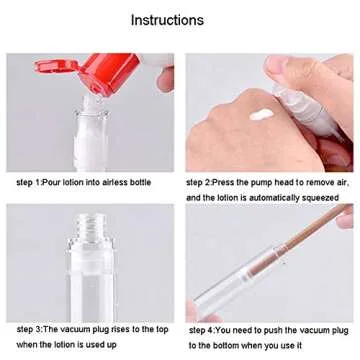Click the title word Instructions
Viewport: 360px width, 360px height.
(x=167, y=20)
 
